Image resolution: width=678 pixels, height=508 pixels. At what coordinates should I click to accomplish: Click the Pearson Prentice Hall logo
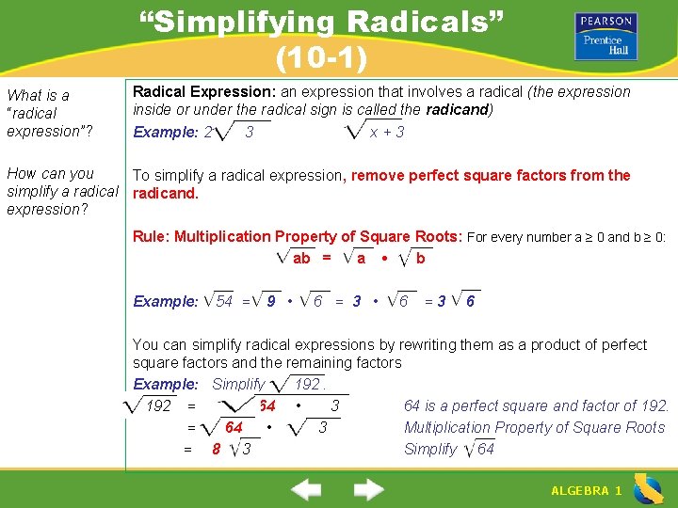pyautogui.click(x=605, y=36)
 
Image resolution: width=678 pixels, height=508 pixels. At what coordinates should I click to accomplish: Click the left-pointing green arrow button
pyautogui.click(x=305, y=489)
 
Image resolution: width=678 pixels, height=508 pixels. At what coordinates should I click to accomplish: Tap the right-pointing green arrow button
pyautogui.click(x=368, y=489)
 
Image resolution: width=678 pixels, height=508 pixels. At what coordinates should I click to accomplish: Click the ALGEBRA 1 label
pyautogui.click(x=586, y=490)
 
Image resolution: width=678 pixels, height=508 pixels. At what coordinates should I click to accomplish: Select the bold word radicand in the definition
pyautogui.click(x=457, y=109)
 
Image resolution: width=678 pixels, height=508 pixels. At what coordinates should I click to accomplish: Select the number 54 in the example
pyautogui.click(x=224, y=301)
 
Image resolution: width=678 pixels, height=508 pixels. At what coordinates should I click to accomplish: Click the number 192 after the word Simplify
pyautogui.click(x=307, y=384)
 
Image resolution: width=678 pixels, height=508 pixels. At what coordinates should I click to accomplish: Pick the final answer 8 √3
pyautogui.click(x=232, y=449)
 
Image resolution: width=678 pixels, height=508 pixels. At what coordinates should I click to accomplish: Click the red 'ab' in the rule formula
pyautogui.click(x=301, y=258)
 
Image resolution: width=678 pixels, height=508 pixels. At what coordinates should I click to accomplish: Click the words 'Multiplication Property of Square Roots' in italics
pyautogui.click(x=534, y=427)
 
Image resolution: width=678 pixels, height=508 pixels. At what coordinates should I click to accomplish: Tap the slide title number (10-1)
pyautogui.click(x=321, y=58)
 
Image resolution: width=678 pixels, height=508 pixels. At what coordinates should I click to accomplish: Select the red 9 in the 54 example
pyautogui.click(x=271, y=301)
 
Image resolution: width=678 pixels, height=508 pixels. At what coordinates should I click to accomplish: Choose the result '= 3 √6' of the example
pyautogui.click(x=450, y=301)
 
